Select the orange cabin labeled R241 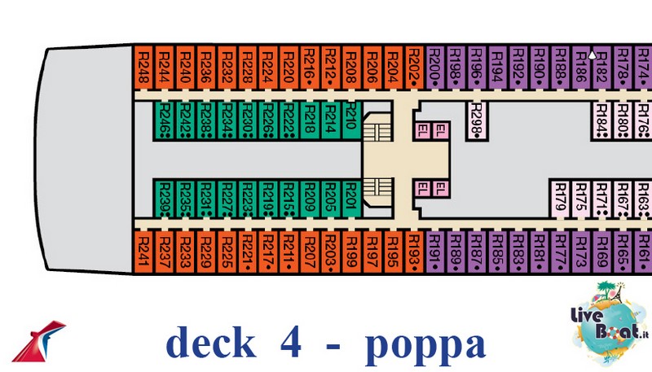point(143,252)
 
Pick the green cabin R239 point(164,198)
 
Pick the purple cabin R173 point(581,252)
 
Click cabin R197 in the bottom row point(371,252)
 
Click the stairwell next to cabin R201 point(376,191)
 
